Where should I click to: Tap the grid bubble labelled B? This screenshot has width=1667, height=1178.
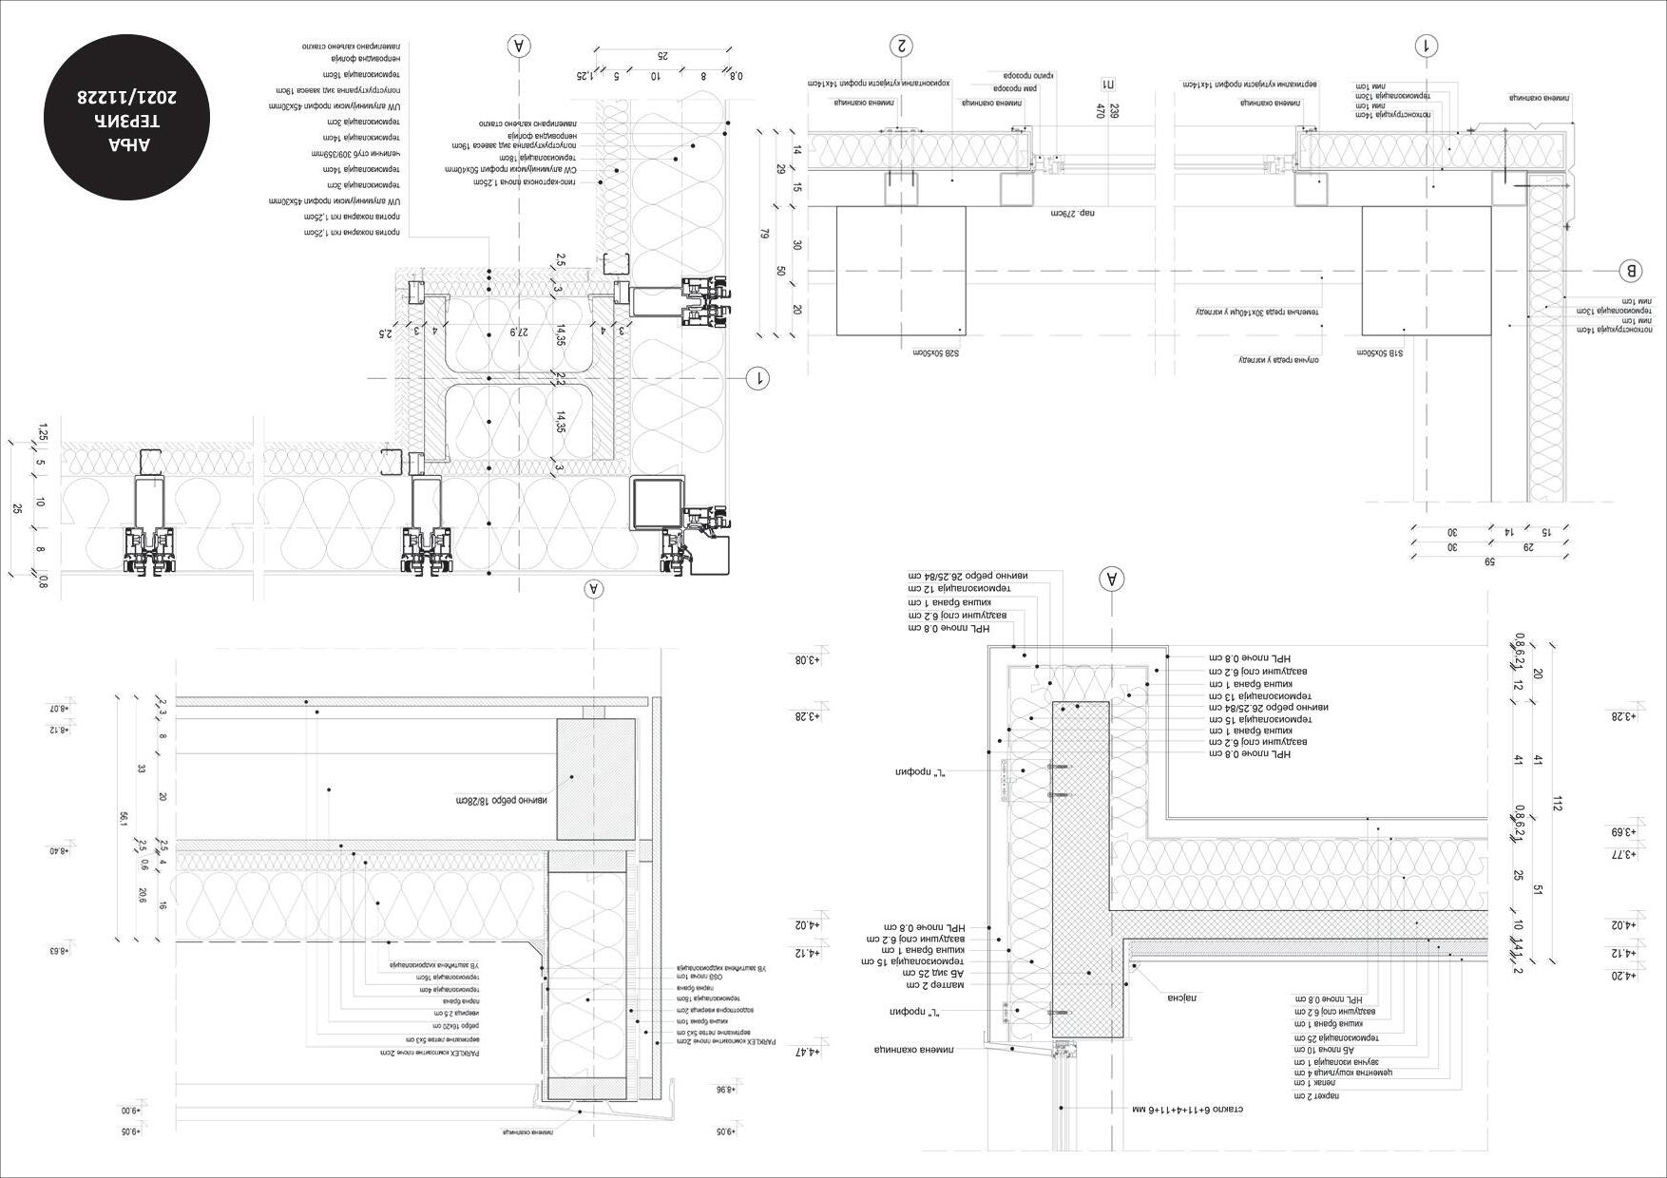tap(1630, 271)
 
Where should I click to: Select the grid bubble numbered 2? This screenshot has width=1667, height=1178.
tap(900, 46)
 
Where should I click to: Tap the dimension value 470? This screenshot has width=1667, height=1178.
tap(1102, 111)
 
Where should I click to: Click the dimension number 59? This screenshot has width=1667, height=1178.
tap(1489, 562)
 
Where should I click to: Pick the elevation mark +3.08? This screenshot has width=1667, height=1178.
tap(807, 659)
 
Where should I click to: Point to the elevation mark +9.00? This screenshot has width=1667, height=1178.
tap(130, 1110)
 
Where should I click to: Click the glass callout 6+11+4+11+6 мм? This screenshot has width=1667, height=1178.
tap(1188, 1109)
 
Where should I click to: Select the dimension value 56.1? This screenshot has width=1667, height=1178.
tap(123, 817)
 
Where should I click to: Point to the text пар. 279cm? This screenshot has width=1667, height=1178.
tap(1073, 214)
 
